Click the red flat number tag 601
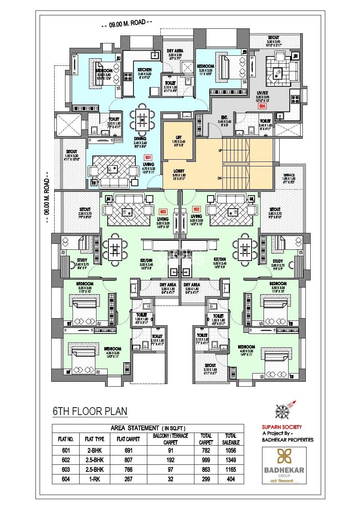click(148, 158)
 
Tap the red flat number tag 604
click(262, 106)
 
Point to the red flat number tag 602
click(196, 209)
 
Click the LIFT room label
click(178, 137)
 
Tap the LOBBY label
click(178, 171)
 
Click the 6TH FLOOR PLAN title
click(90, 411)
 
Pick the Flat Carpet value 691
click(128, 451)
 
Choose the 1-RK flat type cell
click(94, 479)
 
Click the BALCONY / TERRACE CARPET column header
click(170, 439)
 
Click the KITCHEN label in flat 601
click(144, 70)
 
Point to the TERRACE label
click(289, 175)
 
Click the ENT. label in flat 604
click(224, 117)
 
